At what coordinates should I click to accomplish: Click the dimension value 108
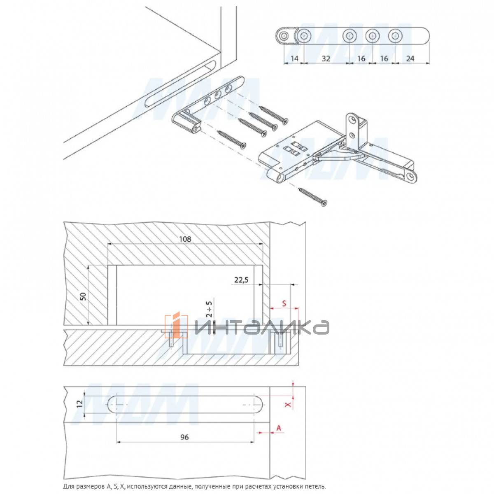pos(185,239)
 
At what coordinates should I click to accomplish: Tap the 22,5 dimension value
pos(242,280)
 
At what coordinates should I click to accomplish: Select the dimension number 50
pos(84,296)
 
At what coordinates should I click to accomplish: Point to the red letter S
pos(284,303)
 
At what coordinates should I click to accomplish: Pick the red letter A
pos(279,428)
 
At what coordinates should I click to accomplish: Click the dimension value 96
pos(184,437)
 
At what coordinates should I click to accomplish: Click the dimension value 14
pos(294,59)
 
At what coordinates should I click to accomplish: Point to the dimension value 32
pos(326,59)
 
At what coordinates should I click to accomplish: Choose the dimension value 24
pos(410,59)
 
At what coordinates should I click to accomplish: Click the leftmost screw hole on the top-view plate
pos(283,36)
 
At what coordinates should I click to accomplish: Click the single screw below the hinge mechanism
pos(313,197)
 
